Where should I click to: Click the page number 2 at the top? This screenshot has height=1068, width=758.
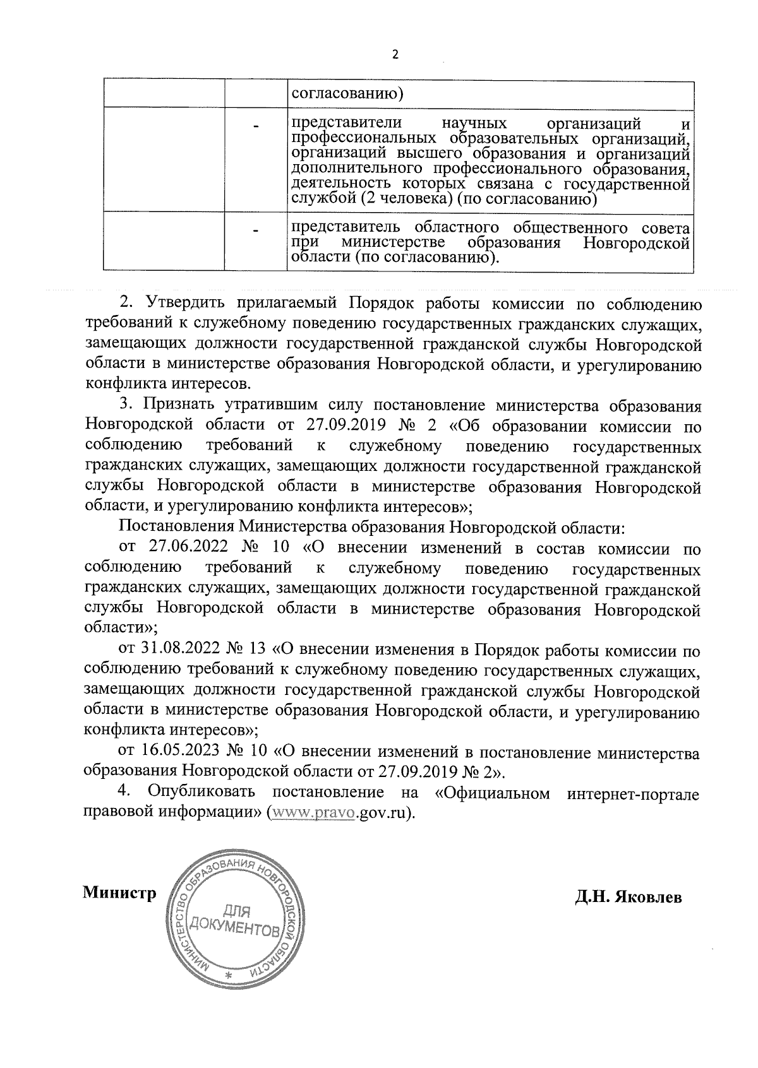point(395,55)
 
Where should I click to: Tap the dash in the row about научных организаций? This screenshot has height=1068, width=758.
point(256,128)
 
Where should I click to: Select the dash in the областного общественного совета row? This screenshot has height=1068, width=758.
point(256,232)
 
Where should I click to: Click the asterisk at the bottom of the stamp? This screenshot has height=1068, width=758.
point(229,976)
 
